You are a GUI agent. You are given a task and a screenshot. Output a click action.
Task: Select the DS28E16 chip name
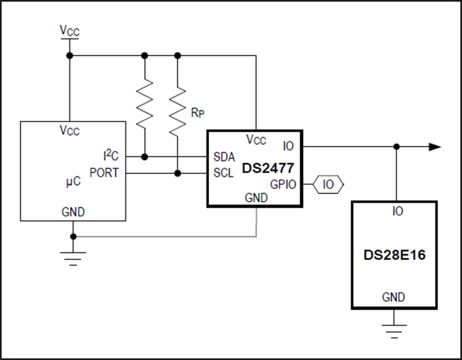click(x=394, y=255)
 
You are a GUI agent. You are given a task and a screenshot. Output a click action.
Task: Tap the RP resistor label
click(x=197, y=113)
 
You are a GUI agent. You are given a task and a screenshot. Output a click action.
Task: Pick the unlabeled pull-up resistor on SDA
click(x=145, y=103)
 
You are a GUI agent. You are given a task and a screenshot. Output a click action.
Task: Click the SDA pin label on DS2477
click(x=224, y=157)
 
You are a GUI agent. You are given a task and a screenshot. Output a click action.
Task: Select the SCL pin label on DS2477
click(x=224, y=174)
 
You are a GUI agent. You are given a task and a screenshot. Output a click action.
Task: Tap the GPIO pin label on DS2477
click(x=283, y=185)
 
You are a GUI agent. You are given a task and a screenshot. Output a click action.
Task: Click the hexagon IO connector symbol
click(x=328, y=185)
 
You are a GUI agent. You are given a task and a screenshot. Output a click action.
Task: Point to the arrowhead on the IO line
click(x=435, y=147)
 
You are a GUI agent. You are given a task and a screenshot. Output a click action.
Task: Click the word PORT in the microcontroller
click(x=104, y=173)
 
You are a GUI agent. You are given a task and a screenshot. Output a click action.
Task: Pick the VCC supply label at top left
click(x=69, y=30)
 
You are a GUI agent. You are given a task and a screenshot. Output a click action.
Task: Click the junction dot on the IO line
click(x=397, y=147)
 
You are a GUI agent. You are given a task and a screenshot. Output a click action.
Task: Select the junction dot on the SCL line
click(x=178, y=173)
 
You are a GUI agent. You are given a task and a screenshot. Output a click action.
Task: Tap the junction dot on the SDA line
click(x=145, y=157)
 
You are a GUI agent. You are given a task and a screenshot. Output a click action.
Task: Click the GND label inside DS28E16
click(x=393, y=297)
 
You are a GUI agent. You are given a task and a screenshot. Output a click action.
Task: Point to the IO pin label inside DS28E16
click(x=397, y=211)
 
